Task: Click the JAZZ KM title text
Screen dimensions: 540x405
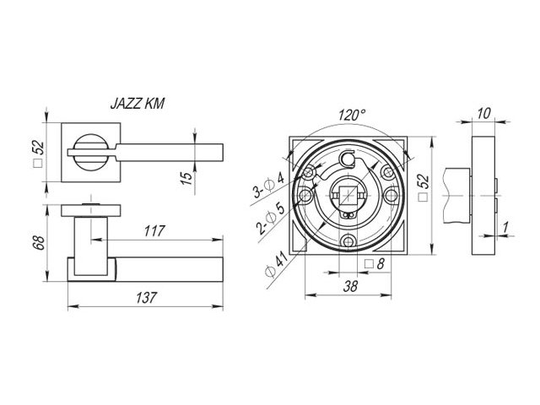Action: click(138, 103)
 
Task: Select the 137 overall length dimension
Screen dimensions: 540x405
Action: click(146, 298)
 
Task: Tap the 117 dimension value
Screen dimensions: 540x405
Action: click(154, 231)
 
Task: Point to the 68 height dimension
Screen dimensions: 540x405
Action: click(39, 242)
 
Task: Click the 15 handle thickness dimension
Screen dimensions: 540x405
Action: click(186, 178)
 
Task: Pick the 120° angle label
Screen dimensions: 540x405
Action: click(351, 115)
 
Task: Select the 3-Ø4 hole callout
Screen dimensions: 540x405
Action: click(268, 186)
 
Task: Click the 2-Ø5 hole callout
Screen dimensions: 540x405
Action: click(271, 219)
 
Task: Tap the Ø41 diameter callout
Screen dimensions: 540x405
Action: click(276, 264)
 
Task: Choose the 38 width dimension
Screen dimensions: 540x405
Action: click(350, 286)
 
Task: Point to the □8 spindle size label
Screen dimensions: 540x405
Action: click(375, 264)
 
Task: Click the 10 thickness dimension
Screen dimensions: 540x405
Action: click(484, 113)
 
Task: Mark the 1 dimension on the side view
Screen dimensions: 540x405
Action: click(506, 227)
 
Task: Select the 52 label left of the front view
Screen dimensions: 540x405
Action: click(39, 154)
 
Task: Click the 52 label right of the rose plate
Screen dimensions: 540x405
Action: click(424, 187)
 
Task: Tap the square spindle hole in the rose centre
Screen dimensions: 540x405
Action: click(348, 196)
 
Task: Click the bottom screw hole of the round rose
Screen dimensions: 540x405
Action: click(348, 241)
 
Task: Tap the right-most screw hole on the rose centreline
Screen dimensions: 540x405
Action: click(391, 196)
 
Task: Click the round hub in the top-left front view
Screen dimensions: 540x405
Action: click(91, 152)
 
